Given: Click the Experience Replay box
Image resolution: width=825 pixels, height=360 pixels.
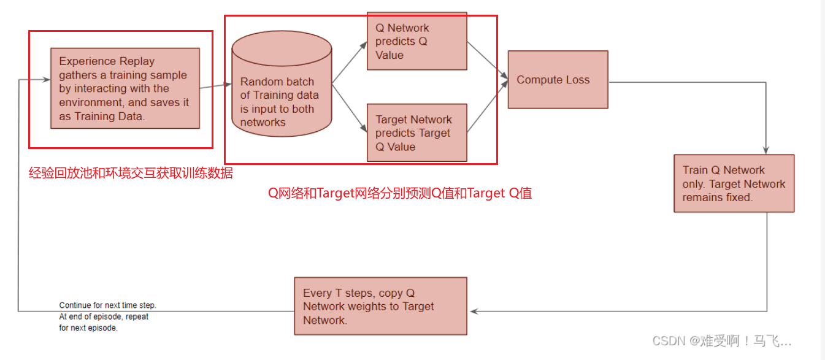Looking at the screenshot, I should (125, 88).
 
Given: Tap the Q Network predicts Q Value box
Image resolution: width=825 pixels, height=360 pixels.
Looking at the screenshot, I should (416, 41).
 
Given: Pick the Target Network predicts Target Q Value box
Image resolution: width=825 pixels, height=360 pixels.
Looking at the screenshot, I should (416, 133).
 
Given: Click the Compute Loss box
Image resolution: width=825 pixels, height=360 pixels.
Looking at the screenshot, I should (558, 80).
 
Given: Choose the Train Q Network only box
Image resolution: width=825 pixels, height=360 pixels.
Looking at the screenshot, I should (734, 183).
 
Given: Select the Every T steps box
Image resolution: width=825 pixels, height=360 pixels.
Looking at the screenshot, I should (380, 306).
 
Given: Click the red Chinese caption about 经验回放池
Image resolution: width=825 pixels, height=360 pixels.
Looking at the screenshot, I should (131, 173).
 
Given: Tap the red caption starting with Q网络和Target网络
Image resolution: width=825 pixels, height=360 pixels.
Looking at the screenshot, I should (400, 193).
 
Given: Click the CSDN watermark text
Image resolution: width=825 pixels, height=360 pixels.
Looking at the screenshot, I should (721, 342).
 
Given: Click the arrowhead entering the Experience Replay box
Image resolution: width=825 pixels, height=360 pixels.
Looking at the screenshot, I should (47, 80).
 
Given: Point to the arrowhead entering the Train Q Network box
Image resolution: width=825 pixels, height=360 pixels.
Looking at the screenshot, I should (766, 150).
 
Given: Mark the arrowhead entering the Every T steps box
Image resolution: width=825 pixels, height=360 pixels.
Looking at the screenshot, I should (471, 311).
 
